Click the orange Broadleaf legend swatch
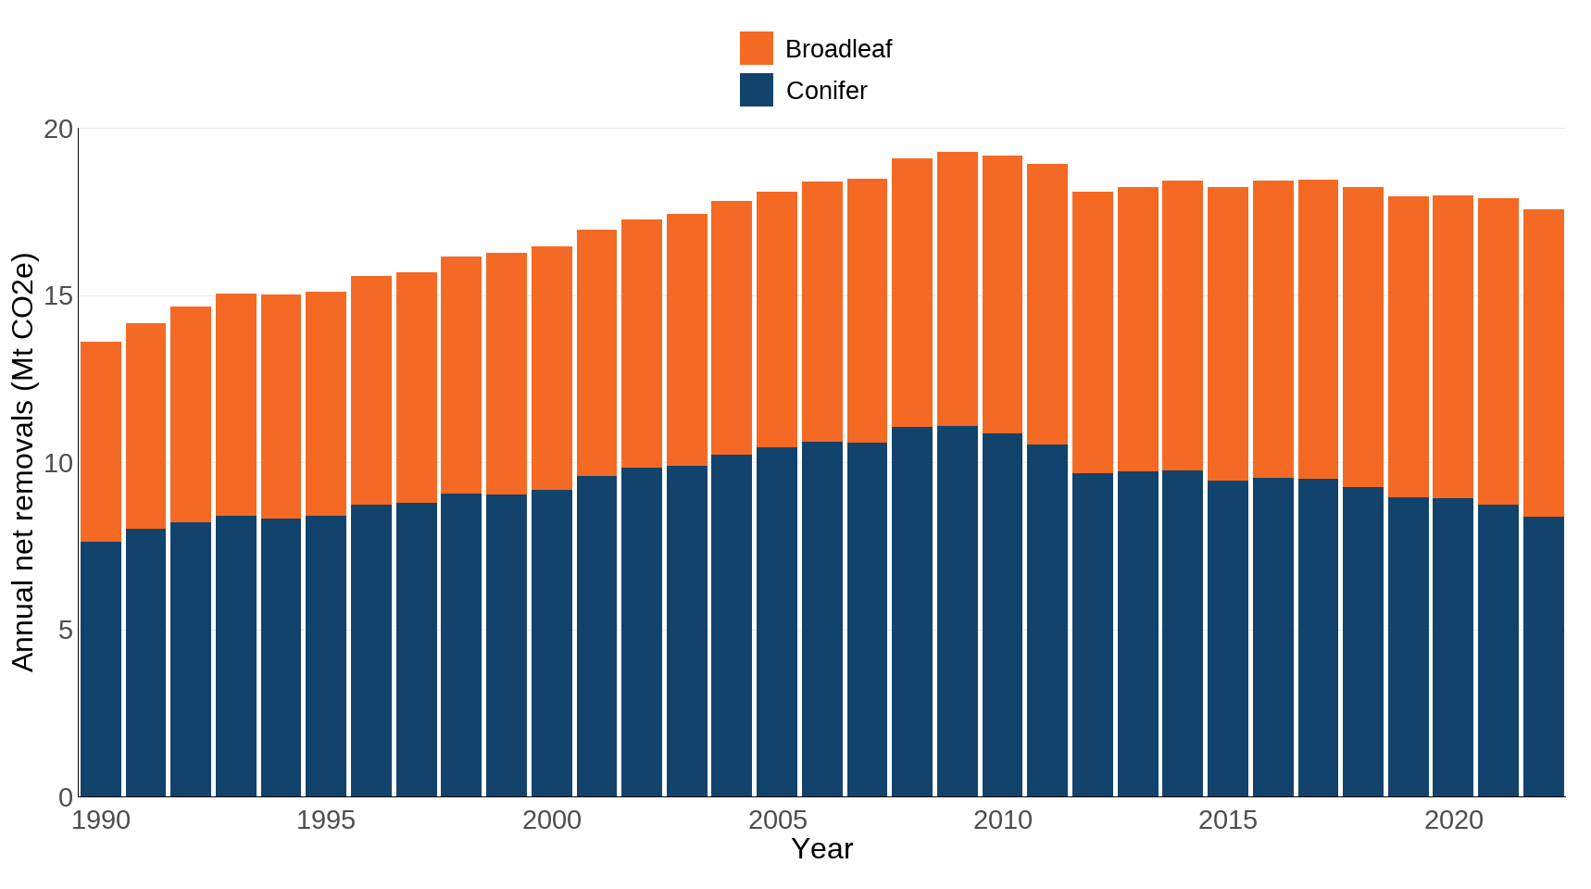756,48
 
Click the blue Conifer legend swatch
756,90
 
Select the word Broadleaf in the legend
837,49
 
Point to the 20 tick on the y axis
57,129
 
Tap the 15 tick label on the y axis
57,296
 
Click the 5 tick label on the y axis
65,631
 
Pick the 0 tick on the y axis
65,797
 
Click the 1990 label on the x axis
100,820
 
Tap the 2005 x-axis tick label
777,820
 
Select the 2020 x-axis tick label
1453,820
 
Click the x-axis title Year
821,849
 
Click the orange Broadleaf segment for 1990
100,442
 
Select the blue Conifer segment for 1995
326,656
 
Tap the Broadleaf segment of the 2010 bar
1002,294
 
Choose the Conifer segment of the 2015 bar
1227,639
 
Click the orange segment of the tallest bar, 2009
957,289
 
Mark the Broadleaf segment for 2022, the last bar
1543,363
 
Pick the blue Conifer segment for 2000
551,643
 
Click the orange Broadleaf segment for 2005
777,319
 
